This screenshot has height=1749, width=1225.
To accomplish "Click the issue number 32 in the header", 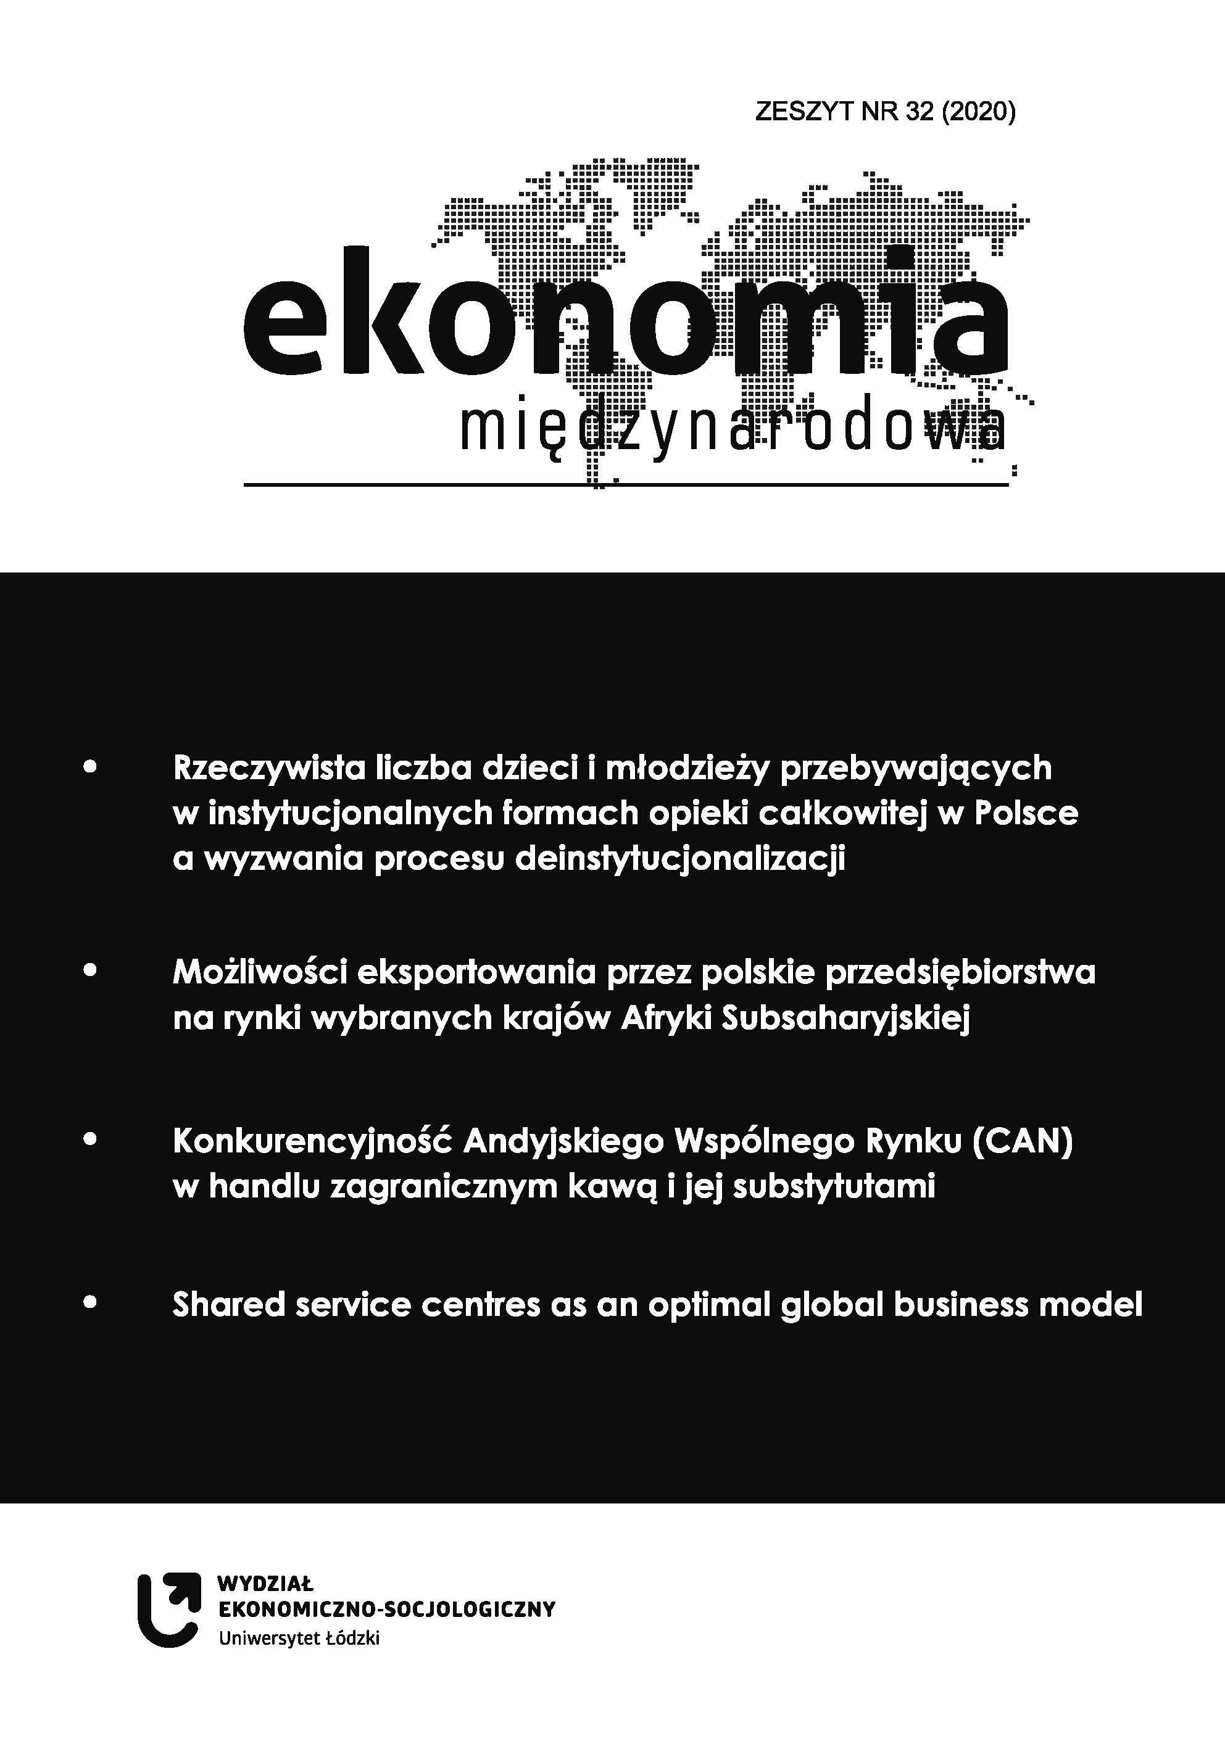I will click(920, 112).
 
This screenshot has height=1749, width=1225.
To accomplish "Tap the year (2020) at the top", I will click(978, 112).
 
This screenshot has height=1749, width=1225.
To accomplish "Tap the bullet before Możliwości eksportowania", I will click(90, 971).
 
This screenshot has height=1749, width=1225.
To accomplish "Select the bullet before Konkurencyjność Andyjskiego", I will click(90, 1140).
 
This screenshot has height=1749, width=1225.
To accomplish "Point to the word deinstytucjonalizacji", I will click(680, 859).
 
